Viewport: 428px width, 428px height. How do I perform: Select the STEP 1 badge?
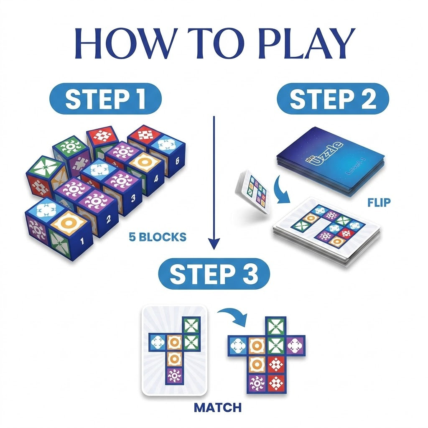105,99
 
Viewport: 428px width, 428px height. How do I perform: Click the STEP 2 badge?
333,99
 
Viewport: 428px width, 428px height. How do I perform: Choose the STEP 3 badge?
214,275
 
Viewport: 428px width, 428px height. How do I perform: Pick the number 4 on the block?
156,180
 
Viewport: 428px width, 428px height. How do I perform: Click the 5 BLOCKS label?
158,237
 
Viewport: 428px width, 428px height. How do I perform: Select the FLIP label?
379,203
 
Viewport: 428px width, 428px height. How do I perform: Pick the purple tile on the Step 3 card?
174,375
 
